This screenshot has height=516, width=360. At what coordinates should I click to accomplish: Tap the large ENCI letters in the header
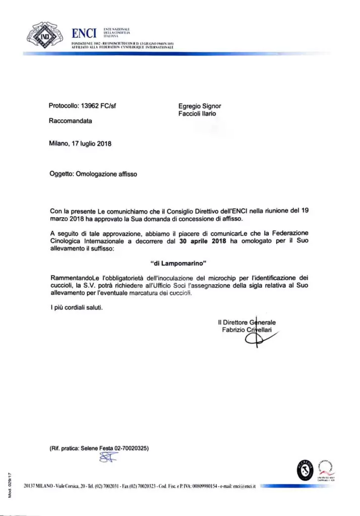84,34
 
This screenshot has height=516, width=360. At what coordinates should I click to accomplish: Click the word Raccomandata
71,121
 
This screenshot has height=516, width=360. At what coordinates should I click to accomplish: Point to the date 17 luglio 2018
92,143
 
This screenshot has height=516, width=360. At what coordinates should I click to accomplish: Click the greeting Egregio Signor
200,106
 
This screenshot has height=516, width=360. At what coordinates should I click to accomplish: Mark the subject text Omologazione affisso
105,174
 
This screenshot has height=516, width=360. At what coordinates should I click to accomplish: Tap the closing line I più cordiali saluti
76,308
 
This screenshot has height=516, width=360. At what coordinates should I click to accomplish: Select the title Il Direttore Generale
247,322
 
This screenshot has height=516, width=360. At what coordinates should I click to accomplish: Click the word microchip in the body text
198,277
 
